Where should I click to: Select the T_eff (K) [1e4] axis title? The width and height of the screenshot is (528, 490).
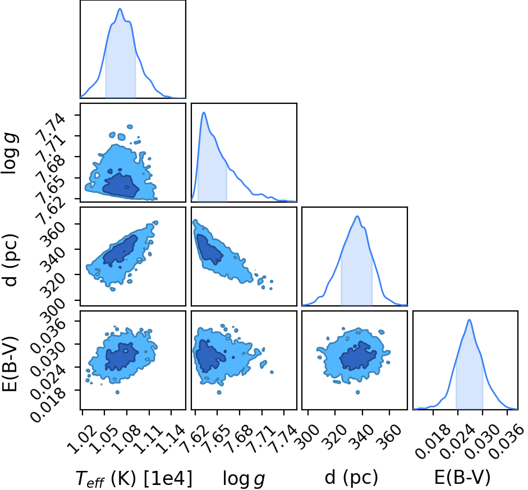click(134, 478)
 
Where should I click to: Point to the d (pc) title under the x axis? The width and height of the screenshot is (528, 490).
click(351, 478)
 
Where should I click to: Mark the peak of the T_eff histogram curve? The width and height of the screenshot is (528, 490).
click(120, 9)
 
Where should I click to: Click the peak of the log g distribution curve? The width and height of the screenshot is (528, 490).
click(203, 112)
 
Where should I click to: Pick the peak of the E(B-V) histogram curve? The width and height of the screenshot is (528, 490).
click(469, 320)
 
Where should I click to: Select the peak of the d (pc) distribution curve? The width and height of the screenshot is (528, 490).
click(357, 216)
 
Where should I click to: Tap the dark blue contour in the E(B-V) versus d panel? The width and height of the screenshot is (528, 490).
click(357, 356)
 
